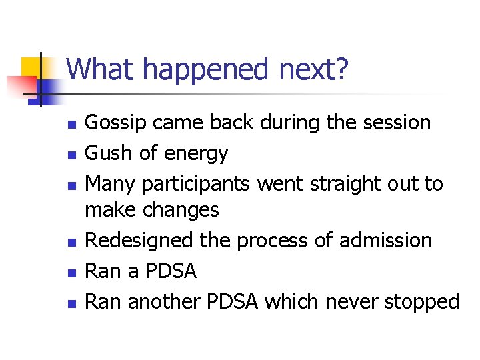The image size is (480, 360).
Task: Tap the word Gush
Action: tap(110, 153)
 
